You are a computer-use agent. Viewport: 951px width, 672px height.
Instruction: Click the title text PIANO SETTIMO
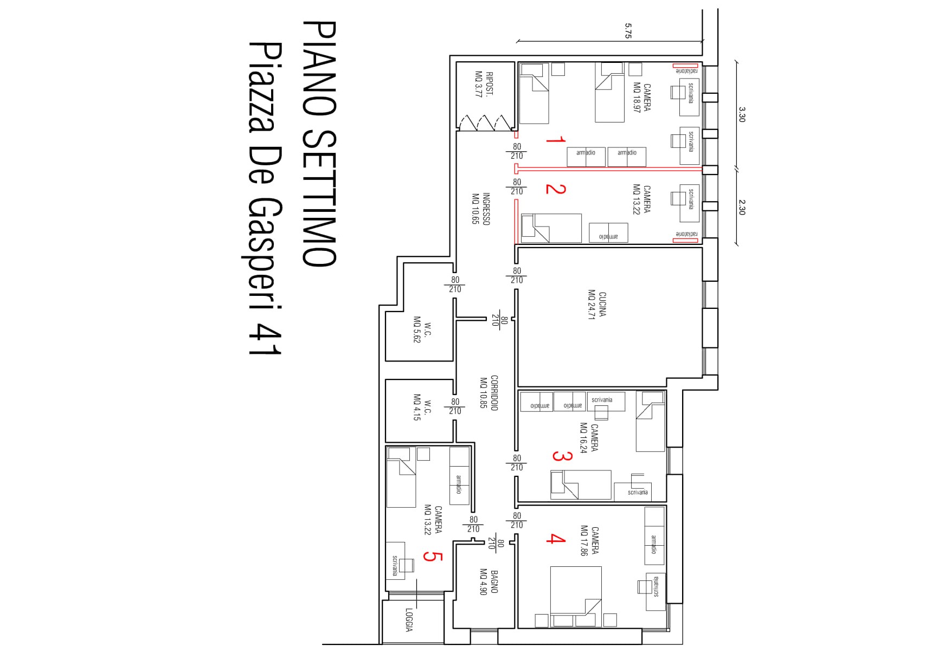click(319, 144)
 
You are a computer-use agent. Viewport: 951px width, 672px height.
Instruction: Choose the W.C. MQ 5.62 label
click(422, 330)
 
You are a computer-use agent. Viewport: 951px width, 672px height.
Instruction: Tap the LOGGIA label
click(409, 620)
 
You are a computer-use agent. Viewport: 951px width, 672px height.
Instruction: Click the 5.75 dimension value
click(628, 30)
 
